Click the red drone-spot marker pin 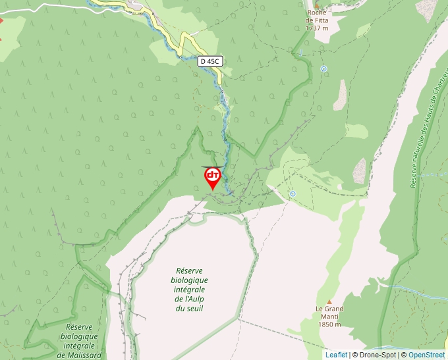click(213, 177)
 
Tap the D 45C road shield click(210, 61)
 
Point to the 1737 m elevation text click(318, 28)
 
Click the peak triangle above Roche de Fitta click(317, 3)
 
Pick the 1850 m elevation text click(329, 324)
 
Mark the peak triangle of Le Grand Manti click(329, 301)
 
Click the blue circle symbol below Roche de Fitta click(323, 68)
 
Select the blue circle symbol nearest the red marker click(293, 193)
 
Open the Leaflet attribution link click(336, 355)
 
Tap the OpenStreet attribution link click(426, 355)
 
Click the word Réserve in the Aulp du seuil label click(190, 270)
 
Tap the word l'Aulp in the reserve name click(195, 299)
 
